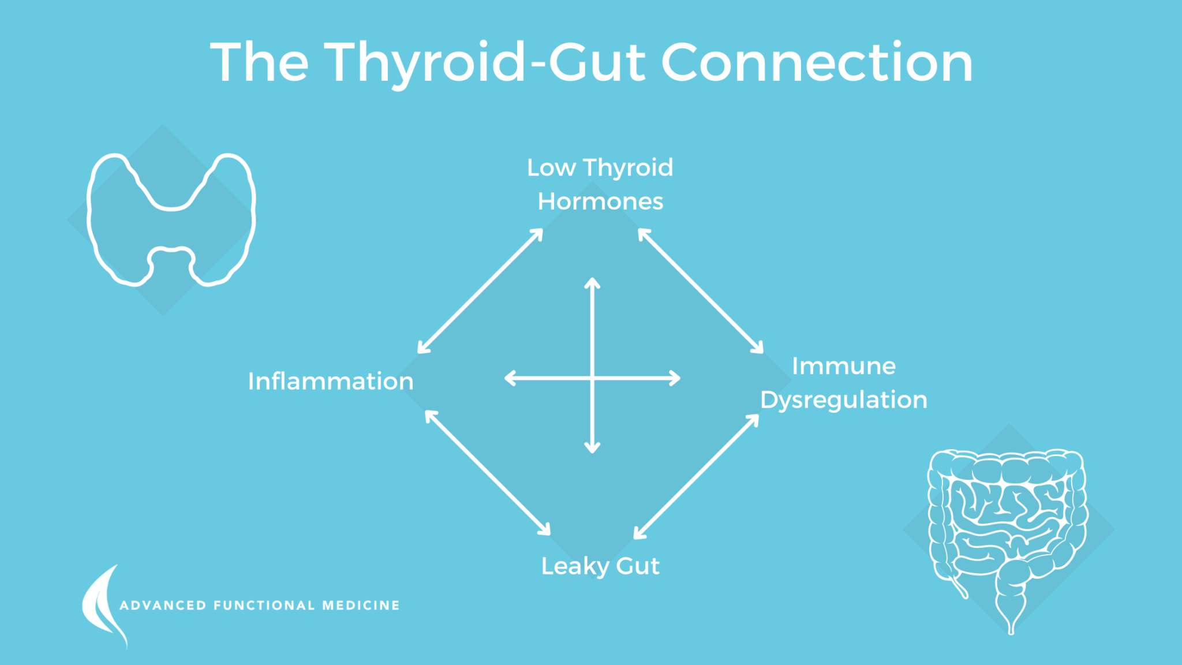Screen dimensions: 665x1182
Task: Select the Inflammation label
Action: click(x=331, y=382)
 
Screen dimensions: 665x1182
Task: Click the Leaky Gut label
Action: click(x=600, y=566)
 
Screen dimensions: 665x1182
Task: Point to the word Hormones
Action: click(x=600, y=201)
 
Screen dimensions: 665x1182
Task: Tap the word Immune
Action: click(x=843, y=366)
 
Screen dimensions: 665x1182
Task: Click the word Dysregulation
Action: click(x=843, y=400)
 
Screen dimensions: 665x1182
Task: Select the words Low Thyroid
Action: click(x=600, y=167)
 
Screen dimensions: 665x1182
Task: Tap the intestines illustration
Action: click(x=1007, y=531)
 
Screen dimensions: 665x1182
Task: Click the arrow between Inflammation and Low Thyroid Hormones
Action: click(x=480, y=291)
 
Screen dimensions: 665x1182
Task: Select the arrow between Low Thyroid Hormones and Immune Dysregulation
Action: click(x=701, y=291)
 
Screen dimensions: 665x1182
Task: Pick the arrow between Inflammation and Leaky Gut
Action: click(x=488, y=473)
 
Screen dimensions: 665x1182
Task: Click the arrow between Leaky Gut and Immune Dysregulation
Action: click(x=697, y=477)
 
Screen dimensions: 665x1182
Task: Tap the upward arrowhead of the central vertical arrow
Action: click(x=592, y=283)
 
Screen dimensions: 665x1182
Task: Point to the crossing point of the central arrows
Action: click(x=592, y=378)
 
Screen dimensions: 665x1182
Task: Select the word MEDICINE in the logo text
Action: click(x=361, y=606)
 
